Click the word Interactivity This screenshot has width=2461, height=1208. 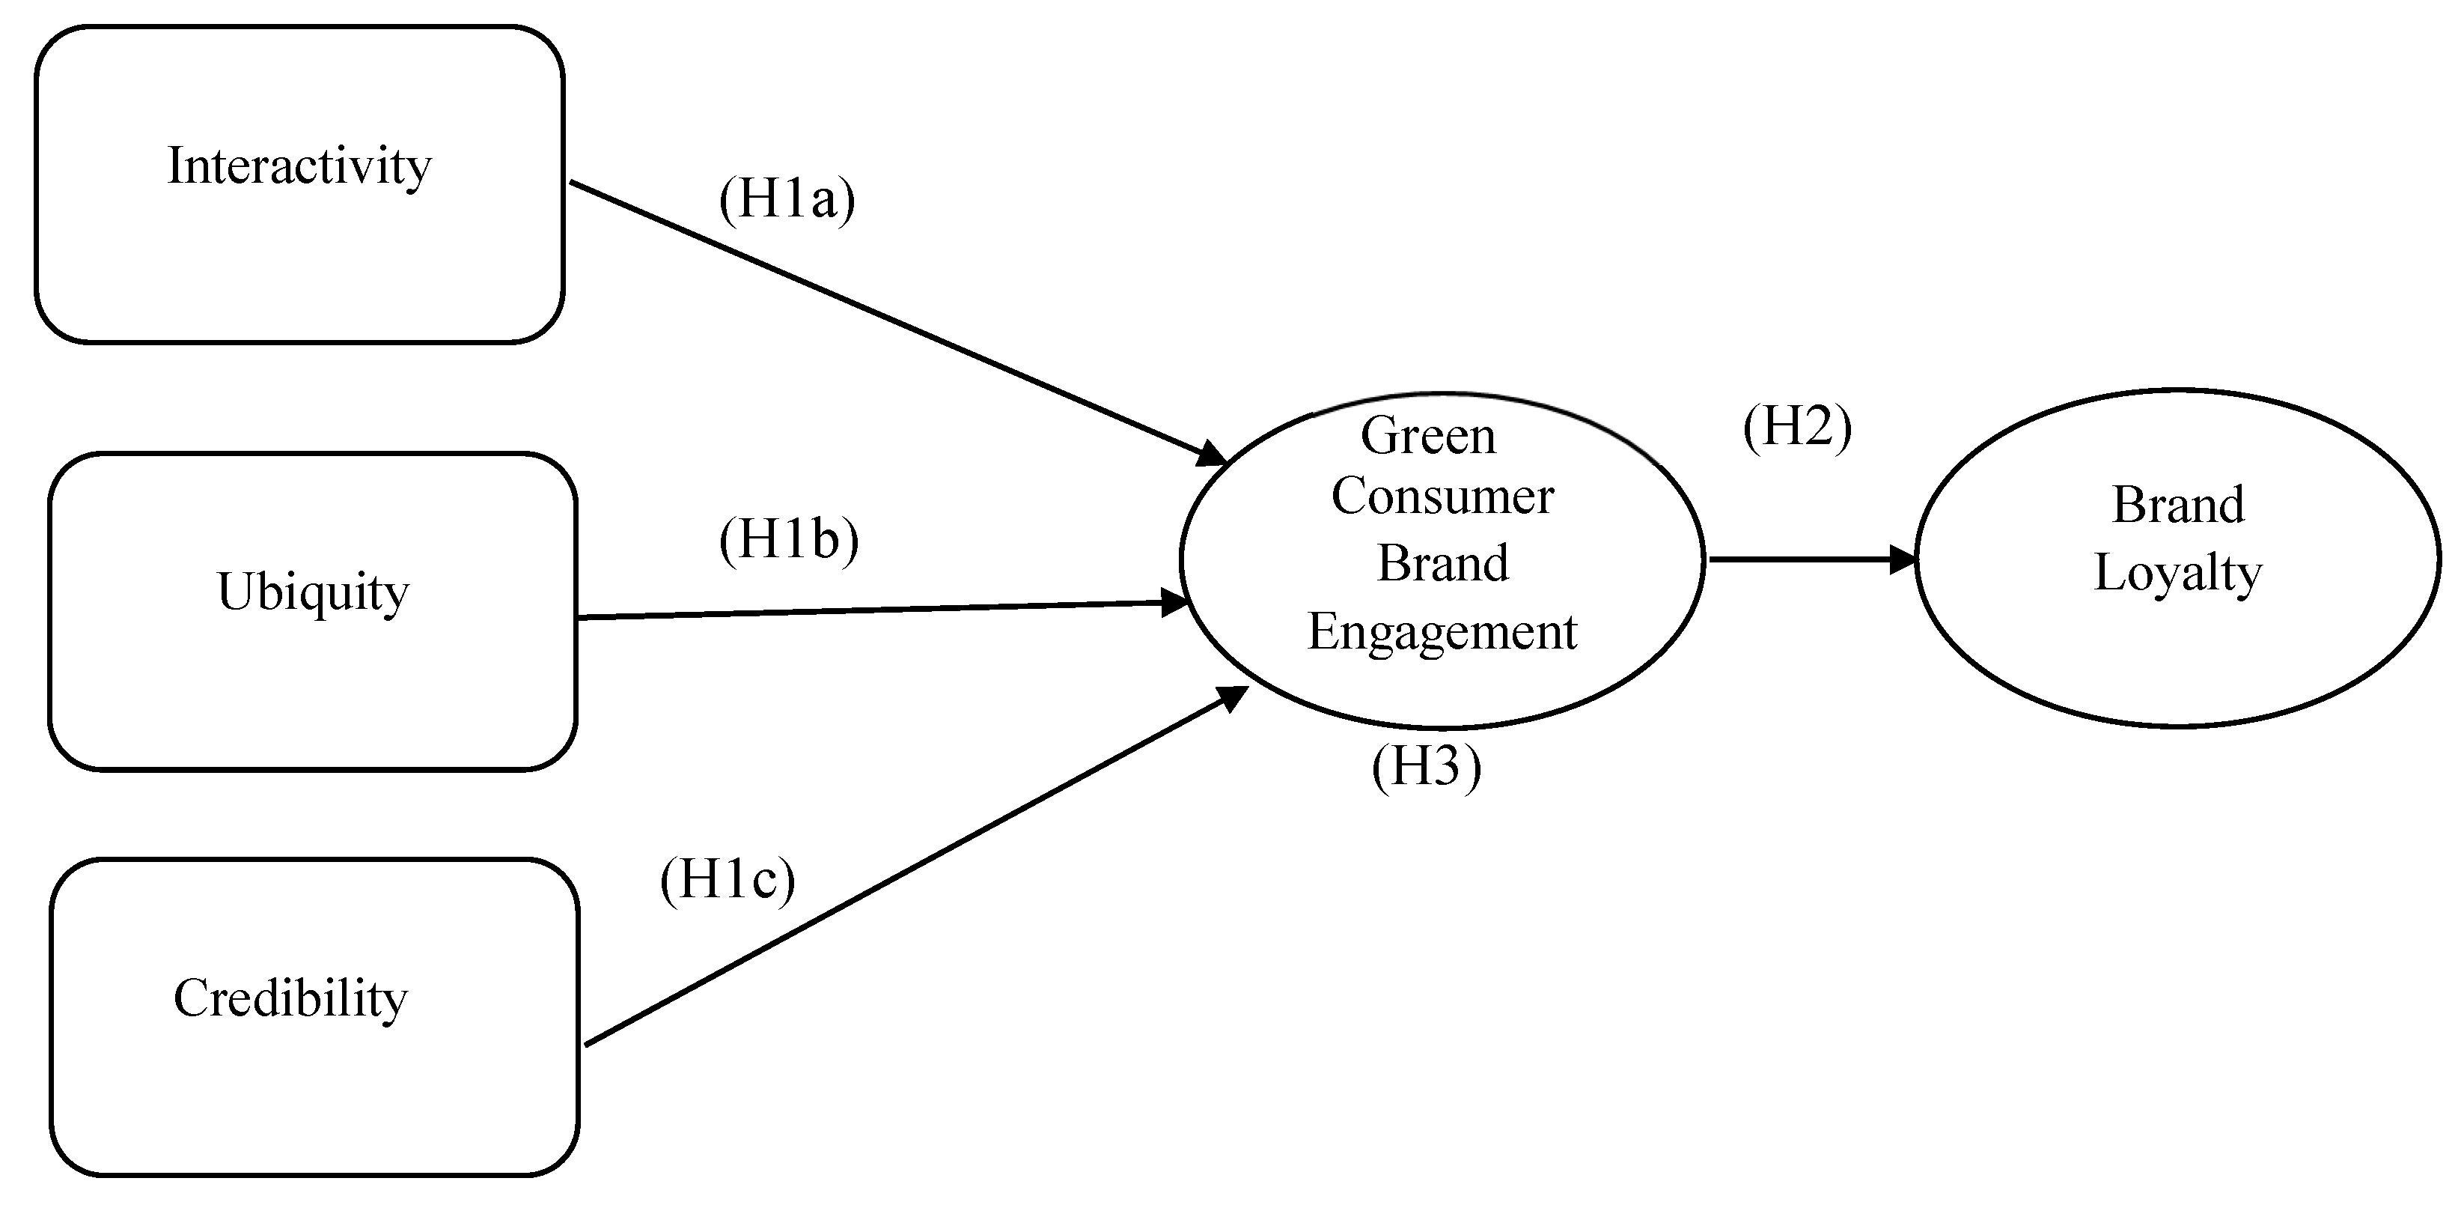click(x=299, y=167)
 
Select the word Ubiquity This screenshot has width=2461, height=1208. click(x=314, y=592)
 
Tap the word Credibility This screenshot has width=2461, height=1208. click(x=290, y=999)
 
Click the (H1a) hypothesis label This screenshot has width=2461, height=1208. click(x=786, y=200)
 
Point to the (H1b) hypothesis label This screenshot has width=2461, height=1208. click(x=788, y=540)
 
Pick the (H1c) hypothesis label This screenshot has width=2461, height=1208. click(x=727, y=880)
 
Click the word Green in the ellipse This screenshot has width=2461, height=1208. click(x=1427, y=437)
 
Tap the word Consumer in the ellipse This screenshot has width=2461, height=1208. click(x=1442, y=497)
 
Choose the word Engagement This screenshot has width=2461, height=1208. click(x=1442, y=632)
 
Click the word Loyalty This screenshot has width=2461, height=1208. click(x=2177, y=574)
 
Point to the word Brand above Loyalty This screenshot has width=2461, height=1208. click(x=2177, y=506)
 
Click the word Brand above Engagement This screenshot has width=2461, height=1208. click(x=1442, y=564)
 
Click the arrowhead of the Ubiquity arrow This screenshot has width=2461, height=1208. click(x=1175, y=602)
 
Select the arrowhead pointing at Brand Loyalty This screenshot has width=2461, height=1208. click(x=1904, y=559)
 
